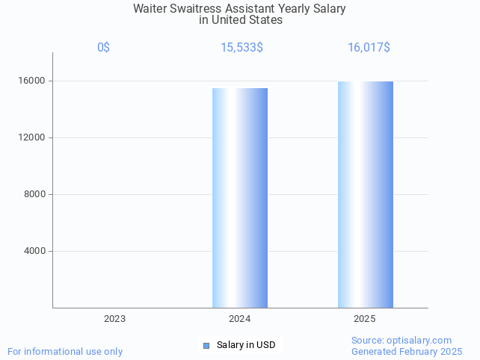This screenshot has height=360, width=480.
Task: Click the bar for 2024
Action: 240,198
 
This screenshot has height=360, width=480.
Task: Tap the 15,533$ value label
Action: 241,48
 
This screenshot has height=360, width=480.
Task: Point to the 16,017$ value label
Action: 369,48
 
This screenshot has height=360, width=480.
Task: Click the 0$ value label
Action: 103,48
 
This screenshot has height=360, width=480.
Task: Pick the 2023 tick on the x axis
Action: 114,319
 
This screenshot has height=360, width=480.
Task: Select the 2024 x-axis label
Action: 239,319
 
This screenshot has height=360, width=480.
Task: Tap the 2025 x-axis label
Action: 364,319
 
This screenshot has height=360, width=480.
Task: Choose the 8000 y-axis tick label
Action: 35,194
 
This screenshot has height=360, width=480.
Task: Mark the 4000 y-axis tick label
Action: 35,251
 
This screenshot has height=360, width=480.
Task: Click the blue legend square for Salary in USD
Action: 206,345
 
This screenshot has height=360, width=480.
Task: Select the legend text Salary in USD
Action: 246,345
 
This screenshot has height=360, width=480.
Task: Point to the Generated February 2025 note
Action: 407,351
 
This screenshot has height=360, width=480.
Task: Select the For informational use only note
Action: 65,351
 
